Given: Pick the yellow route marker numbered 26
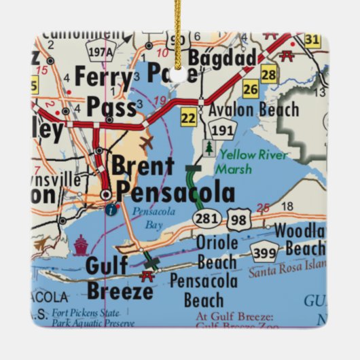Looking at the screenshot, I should tap(251, 89).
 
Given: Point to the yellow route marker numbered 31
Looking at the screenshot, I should tap(312, 40).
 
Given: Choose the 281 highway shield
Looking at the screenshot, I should tap(204, 217).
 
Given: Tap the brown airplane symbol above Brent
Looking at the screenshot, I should tap(147, 143).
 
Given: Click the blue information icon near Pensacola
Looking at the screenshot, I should tap(111, 209).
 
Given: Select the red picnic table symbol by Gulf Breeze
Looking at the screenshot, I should tap(146, 275).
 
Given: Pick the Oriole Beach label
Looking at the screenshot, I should tap(217, 251).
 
